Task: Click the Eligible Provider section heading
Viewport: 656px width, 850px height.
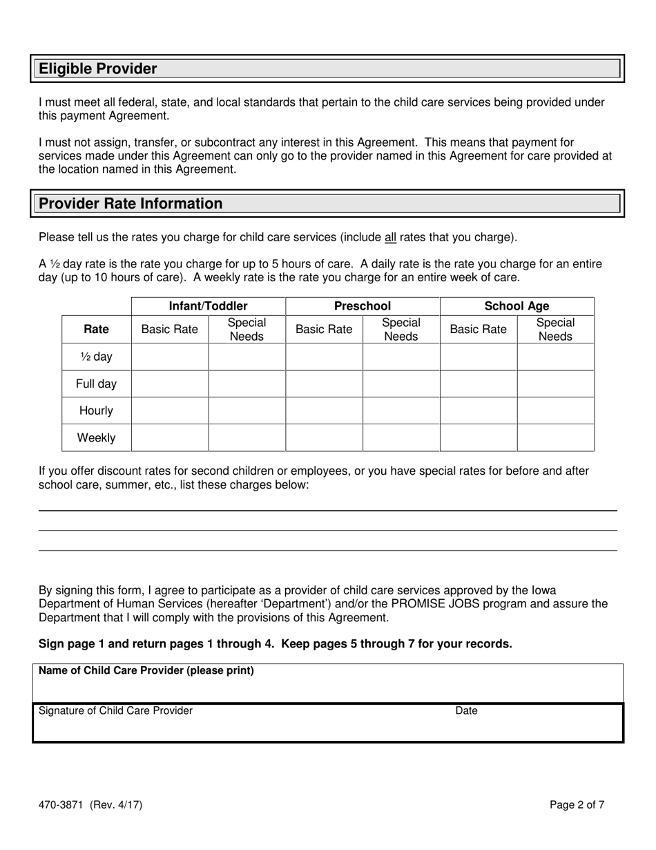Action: point(98,68)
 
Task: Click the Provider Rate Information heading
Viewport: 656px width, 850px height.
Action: point(131,203)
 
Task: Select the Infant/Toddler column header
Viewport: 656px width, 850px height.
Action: point(208,306)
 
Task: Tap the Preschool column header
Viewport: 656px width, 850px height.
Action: point(363,306)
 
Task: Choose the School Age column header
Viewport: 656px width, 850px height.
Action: point(517,306)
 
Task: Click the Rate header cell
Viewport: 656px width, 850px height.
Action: point(96,330)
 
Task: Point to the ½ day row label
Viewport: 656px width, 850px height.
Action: point(96,357)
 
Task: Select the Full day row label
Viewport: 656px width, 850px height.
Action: point(96,384)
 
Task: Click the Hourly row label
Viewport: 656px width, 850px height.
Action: point(96,410)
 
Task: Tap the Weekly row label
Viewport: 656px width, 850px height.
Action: point(96,437)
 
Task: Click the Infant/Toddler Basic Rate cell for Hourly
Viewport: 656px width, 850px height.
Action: point(170,410)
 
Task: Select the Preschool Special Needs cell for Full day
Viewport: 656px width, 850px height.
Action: point(401,384)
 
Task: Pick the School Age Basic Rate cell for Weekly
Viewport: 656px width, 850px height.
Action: point(479,437)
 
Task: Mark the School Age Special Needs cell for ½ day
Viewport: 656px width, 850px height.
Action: point(555,357)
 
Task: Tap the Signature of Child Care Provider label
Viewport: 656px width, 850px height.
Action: point(115,710)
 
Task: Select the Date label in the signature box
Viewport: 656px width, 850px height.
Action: point(466,710)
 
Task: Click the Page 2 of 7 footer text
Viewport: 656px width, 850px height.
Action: point(577,804)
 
